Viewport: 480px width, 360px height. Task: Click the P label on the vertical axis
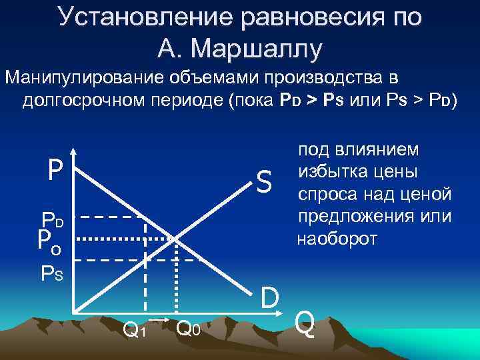point(55,171)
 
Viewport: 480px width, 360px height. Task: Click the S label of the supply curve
point(265,179)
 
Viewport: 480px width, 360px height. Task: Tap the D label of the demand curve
point(270,298)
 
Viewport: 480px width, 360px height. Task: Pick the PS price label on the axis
point(52,273)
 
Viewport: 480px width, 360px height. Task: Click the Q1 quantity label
point(135,328)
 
